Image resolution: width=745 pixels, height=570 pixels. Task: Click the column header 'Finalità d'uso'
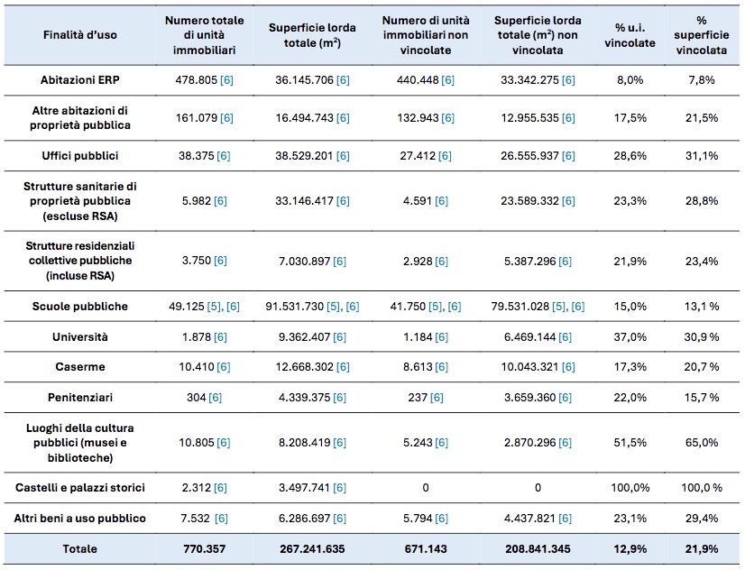[x=79, y=34]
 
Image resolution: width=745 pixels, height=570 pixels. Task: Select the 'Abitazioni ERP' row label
[x=79, y=79]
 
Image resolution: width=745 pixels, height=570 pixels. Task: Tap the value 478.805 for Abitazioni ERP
[x=196, y=79]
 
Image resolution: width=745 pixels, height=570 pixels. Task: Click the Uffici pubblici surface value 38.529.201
[x=304, y=156]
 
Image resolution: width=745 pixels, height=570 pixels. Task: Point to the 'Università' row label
[x=79, y=336]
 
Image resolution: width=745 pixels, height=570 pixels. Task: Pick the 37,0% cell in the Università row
[x=630, y=336]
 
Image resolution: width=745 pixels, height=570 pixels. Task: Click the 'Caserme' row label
[x=79, y=367]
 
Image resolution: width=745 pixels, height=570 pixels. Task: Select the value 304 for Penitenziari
[x=197, y=397]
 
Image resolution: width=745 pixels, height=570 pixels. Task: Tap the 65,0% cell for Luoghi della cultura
[x=702, y=442]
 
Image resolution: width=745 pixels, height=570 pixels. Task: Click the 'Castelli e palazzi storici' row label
[x=79, y=487]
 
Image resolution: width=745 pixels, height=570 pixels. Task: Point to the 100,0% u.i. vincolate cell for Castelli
[x=630, y=487]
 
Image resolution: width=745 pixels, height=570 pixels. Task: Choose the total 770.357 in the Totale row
[x=205, y=548]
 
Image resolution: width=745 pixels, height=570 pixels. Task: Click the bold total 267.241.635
[x=312, y=548]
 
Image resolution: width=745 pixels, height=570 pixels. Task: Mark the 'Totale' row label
[x=79, y=548]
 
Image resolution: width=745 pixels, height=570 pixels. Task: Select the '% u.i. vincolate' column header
[x=630, y=35]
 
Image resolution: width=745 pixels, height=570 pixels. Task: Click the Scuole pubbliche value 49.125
[x=187, y=307]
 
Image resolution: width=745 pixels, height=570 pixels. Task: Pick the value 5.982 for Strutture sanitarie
[x=197, y=201]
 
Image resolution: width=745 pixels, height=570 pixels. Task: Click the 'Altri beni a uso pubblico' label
[x=79, y=519]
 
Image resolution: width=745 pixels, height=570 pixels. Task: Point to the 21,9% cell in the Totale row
[x=702, y=548]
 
